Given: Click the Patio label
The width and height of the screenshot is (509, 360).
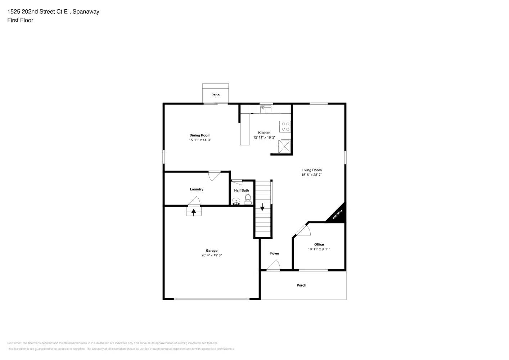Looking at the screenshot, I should pos(215,95).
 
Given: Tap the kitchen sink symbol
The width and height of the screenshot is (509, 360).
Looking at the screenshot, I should pos(266,109).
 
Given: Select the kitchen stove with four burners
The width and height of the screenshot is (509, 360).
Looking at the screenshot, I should pos(285,126).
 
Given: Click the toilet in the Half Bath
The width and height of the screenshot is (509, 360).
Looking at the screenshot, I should pos(248,199).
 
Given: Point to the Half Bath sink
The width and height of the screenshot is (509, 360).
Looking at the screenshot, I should pos(236,201).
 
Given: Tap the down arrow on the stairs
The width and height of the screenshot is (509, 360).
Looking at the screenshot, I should pos(262,207).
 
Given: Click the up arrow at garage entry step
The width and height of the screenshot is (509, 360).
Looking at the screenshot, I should pos(194,212).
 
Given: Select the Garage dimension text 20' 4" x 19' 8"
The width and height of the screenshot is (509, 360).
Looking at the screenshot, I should pos(212,256).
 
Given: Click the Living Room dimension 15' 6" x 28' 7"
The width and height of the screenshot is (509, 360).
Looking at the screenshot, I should pos(311,175).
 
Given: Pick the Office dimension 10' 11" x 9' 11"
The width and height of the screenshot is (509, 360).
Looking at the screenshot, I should pos(319,249).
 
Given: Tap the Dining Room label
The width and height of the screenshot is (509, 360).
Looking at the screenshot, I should pos(200,135).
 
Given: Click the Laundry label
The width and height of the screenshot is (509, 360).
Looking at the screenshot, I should pos(197,189).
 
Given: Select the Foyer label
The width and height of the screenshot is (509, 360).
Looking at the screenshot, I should pos(275,253).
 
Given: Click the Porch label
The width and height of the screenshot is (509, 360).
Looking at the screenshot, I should pos(301,285).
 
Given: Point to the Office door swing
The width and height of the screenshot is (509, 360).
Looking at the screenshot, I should pos(303,230).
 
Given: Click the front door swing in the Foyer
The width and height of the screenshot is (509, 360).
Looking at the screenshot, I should pos(274,266).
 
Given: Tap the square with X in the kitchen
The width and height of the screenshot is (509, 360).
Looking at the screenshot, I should pos(284,147).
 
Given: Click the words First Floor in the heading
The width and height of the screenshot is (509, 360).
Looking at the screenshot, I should pos(20,21).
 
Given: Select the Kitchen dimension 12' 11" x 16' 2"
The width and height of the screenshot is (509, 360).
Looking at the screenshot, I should pos(264,138).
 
